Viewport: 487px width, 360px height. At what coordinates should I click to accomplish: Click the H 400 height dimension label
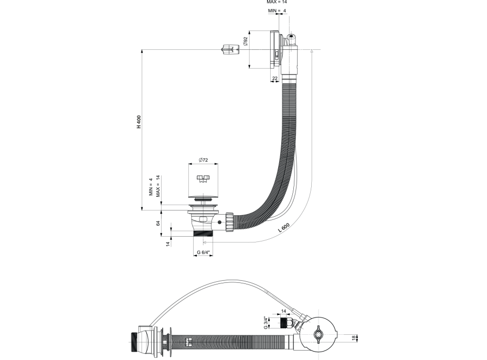(x=139, y=121)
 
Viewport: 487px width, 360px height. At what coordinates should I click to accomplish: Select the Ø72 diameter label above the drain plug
(x=204, y=160)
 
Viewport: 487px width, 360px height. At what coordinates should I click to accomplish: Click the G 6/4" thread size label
(x=204, y=253)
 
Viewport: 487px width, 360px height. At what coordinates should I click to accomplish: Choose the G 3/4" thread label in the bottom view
(x=266, y=322)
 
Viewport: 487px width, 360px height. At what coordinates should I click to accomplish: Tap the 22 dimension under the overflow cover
(x=274, y=78)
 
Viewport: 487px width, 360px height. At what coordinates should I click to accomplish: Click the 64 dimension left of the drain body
(x=158, y=224)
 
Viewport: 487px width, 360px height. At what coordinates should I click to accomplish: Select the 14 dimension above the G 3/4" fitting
(x=284, y=311)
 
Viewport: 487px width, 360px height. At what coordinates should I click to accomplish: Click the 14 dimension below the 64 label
(x=168, y=243)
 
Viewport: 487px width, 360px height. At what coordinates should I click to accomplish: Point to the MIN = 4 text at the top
(x=277, y=10)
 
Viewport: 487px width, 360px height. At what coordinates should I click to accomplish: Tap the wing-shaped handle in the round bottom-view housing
(x=318, y=334)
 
